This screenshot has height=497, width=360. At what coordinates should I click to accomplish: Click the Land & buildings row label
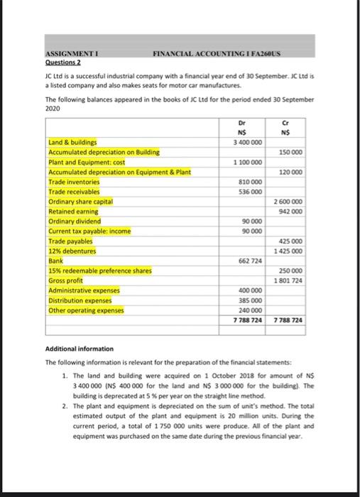point(72,142)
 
